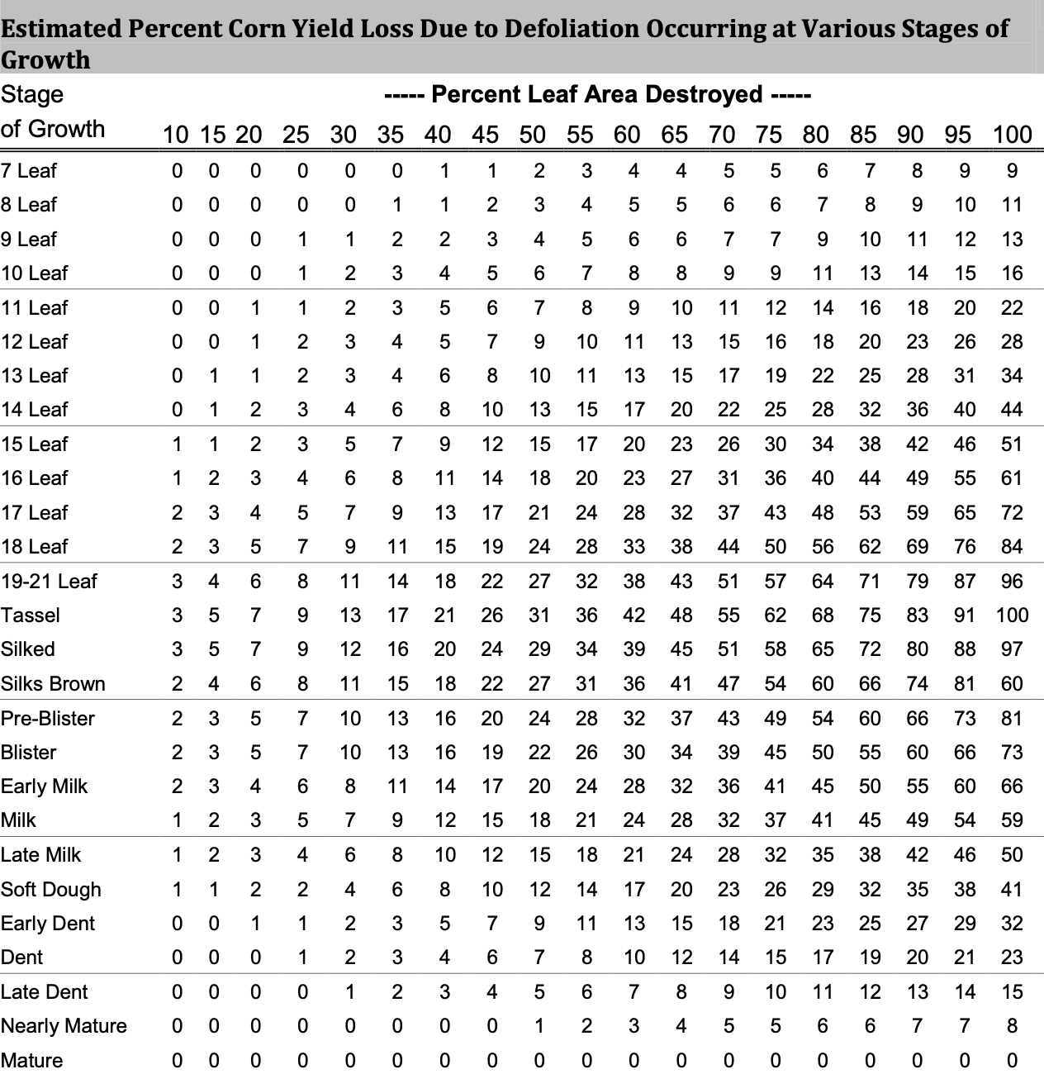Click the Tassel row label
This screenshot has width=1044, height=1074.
[x=31, y=615]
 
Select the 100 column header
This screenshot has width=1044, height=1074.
[x=1012, y=134]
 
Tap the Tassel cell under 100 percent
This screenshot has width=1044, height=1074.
[x=1012, y=615]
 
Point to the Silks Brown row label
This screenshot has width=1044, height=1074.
[x=53, y=684]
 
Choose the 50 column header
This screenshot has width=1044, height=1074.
[x=532, y=134]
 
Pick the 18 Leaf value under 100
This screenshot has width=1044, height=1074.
[x=1012, y=547]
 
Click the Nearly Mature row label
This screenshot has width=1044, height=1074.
[x=64, y=1026]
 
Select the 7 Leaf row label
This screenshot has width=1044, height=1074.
[x=29, y=171]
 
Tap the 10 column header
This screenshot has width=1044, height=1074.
[x=175, y=134]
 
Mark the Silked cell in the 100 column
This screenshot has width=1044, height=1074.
[x=1012, y=649]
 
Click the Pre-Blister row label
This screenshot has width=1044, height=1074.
[x=48, y=719]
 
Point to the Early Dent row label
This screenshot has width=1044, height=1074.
[x=48, y=924]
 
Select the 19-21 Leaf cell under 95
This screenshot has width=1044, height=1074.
[x=965, y=582]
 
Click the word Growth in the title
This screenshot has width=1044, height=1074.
[x=45, y=60]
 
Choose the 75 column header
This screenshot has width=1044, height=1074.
[x=769, y=134]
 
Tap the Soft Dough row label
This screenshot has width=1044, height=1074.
[x=51, y=890]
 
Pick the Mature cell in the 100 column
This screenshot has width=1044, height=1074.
[x=1012, y=1061]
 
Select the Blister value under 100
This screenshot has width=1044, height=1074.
[x=1012, y=753]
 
